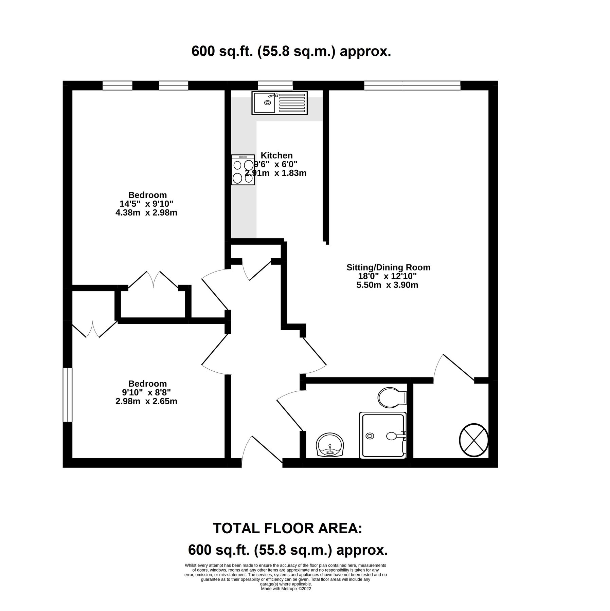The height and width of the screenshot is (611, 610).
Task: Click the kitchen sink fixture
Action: [279, 103]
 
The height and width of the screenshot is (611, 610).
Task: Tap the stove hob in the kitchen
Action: [243, 170]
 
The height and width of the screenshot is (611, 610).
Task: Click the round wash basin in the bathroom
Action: [330, 445]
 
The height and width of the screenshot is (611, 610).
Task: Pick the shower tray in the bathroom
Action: [383, 435]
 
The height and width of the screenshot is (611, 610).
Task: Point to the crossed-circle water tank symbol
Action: [473, 440]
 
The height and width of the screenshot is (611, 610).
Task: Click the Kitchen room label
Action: [276, 155]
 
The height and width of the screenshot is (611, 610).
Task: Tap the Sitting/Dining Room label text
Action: [388, 267]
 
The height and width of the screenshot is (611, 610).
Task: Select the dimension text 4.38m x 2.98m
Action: [146, 213]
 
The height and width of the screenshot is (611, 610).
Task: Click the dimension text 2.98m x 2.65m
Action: [146, 401]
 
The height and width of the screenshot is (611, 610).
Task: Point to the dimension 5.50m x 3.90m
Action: [387, 285]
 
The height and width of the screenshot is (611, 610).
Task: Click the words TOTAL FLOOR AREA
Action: [287, 529]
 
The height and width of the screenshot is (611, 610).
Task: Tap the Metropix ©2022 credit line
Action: [286, 589]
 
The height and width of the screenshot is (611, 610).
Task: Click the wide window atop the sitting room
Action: [412, 85]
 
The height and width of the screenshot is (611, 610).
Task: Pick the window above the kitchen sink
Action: [275, 85]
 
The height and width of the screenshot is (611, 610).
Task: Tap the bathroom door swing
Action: [289, 409]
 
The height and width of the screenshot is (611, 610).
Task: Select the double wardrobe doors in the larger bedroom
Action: [154, 280]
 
